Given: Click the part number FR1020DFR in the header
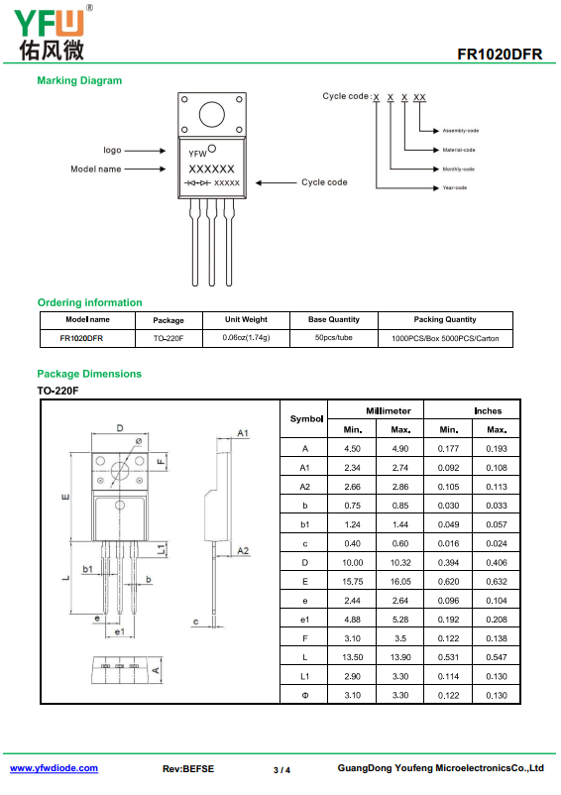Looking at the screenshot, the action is (500, 55).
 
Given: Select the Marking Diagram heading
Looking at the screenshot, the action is (79, 80).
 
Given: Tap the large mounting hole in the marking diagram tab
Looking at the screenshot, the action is (212, 114).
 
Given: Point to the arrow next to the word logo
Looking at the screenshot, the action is (145, 151).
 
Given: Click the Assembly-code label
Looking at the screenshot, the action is (461, 131).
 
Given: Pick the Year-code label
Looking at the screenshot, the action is (455, 188).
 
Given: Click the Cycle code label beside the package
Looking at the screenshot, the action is (324, 182).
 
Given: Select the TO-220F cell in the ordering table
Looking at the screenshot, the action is (168, 338).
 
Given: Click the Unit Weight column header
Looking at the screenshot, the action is (246, 319).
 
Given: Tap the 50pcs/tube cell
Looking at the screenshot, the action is (333, 338).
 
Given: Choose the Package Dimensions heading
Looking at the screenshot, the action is (89, 374).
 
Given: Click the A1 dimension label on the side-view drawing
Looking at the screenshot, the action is (243, 433).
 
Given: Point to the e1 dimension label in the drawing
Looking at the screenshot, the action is (120, 631).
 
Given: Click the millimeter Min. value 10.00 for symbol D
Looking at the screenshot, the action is (353, 563).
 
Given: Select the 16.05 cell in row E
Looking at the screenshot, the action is (400, 582).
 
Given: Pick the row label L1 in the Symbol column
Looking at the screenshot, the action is (304, 676).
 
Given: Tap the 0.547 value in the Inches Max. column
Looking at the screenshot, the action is (497, 657).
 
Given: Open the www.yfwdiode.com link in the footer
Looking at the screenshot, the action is (54, 768).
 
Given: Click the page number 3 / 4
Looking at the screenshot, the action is (281, 770).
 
